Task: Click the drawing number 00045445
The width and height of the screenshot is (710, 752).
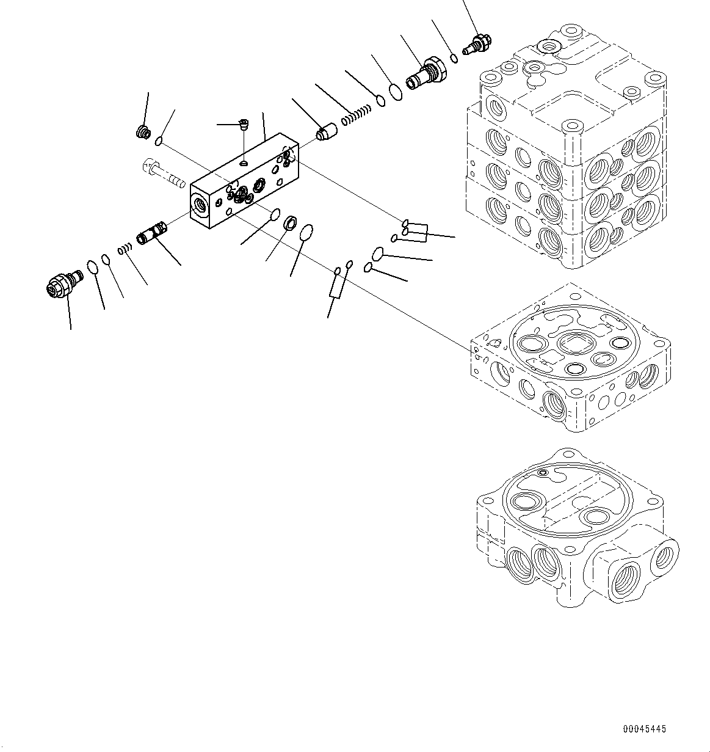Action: point(645,729)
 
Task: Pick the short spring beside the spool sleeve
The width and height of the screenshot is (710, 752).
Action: point(125,248)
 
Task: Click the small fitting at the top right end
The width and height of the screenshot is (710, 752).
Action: point(476,45)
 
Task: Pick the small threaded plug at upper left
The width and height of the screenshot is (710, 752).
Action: point(143,131)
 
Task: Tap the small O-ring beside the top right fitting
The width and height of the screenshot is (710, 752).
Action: point(454,58)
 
